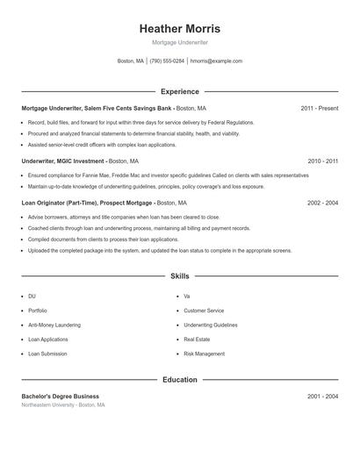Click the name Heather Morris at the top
[179, 28]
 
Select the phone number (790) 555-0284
[167, 61]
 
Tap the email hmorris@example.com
[216, 61]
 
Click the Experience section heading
[179, 91]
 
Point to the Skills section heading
[179, 276]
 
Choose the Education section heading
[179, 380]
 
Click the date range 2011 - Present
[319, 108]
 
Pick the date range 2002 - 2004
[322, 203]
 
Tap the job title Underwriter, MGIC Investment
[62, 161]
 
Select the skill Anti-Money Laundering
[49, 325]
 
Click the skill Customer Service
[204, 311]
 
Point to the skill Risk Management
[204, 354]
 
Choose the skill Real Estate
[197, 339]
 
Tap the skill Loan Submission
[47, 354]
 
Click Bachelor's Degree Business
[60, 397]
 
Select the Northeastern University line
[63, 405]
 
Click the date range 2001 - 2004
[322, 397]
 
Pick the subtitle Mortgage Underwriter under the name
[179, 42]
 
